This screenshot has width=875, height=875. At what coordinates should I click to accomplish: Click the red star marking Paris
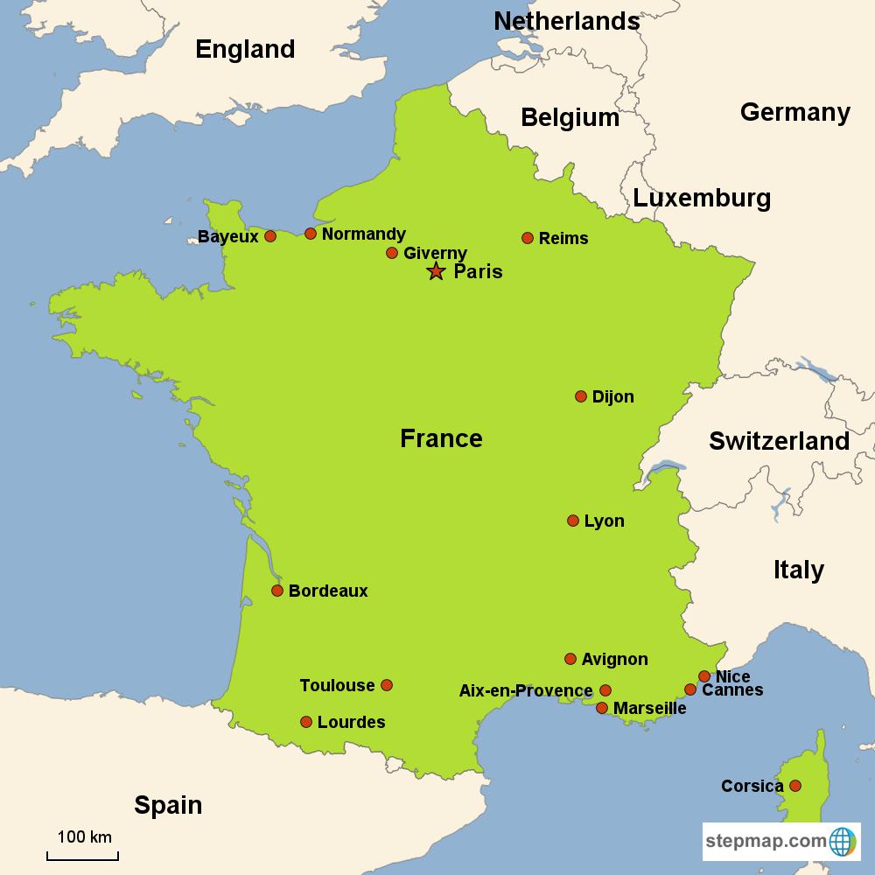click(436, 271)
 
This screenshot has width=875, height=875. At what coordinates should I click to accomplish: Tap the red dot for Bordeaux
click(277, 591)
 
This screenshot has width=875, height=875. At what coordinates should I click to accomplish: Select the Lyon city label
click(604, 521)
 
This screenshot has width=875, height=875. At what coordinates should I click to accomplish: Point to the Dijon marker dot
click(581, 396)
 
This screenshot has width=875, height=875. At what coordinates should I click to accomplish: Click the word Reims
click(563, 238)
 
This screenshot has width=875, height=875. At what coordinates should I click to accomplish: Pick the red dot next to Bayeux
click(270, 236)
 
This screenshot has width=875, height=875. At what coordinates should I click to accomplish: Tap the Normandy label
click(363, 234)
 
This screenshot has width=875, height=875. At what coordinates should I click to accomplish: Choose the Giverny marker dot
click(392, 253)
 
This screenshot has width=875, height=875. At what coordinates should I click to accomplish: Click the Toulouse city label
click(337, 685)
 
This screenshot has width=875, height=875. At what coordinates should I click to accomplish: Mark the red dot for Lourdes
click(306, 722)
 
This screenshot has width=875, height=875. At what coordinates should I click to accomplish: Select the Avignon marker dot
click(570, 659)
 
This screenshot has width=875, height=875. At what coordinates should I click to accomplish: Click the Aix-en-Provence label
click(526, 690)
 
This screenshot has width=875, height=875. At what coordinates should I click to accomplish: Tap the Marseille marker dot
click(602, 707)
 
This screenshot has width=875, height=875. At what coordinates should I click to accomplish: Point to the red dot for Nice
click(704, 675)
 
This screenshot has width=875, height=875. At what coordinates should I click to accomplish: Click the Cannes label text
click(732, 690)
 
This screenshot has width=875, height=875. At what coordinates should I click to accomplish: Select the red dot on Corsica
click(795, 786)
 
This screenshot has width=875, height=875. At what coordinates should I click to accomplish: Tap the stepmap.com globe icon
click(843, 842)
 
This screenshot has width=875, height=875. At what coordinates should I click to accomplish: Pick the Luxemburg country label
click(702, 199)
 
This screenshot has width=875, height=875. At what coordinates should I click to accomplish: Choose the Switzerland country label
click(779, 441)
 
